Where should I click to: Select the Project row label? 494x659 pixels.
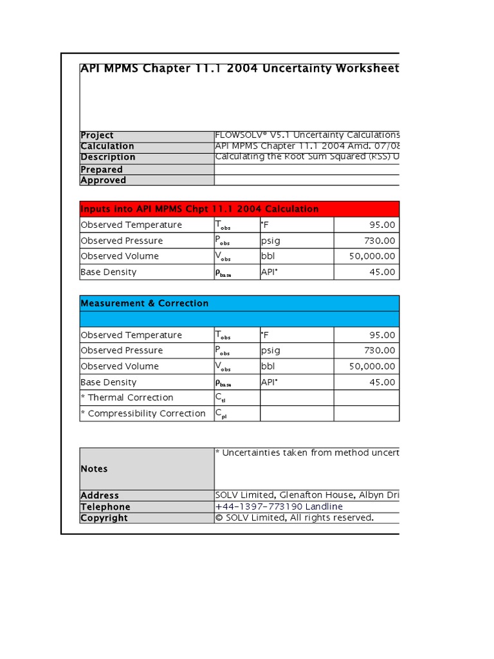coord(97,135)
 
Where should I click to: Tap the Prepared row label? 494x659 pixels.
coord(102,169)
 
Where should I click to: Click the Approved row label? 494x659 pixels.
coord(103,180)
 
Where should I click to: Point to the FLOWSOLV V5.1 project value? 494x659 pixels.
coord(307,135)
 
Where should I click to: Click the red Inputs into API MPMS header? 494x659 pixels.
coord(239,209)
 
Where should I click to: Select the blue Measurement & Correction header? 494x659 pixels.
coord(239,303)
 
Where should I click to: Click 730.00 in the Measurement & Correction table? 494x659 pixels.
coord(380,351)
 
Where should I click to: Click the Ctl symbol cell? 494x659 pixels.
coord(221,398)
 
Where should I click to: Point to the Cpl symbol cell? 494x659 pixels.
coord(221,414)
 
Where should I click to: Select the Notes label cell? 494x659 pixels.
coord(94,469)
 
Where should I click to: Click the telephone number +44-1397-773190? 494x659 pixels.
coord(279,506)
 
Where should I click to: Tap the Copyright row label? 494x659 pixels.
coord(104,518)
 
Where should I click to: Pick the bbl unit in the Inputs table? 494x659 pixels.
coord(267,256)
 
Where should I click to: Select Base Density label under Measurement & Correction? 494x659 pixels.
coord(108,382)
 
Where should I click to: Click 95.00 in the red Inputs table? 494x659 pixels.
coord(382,225)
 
